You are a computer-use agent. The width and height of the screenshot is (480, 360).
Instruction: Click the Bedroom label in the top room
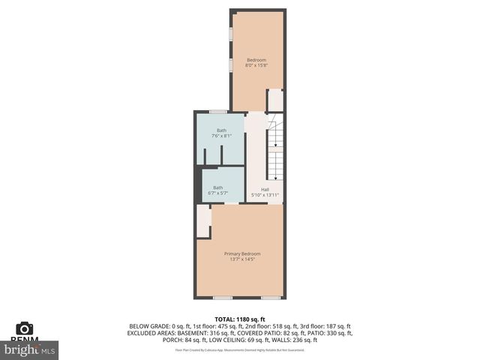coord(256,60)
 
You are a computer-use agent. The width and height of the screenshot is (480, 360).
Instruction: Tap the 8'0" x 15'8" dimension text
coord(256,66)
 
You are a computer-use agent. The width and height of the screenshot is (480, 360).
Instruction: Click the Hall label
coord(265,189)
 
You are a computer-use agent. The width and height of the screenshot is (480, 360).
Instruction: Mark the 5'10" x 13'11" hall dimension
coord(265,195)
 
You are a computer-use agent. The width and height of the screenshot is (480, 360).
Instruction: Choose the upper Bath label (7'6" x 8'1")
coord(222,130)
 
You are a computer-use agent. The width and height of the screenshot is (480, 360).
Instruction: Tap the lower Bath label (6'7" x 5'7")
coord(217,187)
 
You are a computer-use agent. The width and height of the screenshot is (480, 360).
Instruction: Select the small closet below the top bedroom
coord(275,100)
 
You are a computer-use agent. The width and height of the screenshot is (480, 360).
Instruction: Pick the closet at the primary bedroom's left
coord(203,220)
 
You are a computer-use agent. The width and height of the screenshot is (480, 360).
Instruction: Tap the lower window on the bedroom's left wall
coord(231,64)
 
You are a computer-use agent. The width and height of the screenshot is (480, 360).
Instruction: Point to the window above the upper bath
coord(219,112)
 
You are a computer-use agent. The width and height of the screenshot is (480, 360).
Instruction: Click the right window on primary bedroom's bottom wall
coord(270,298)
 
